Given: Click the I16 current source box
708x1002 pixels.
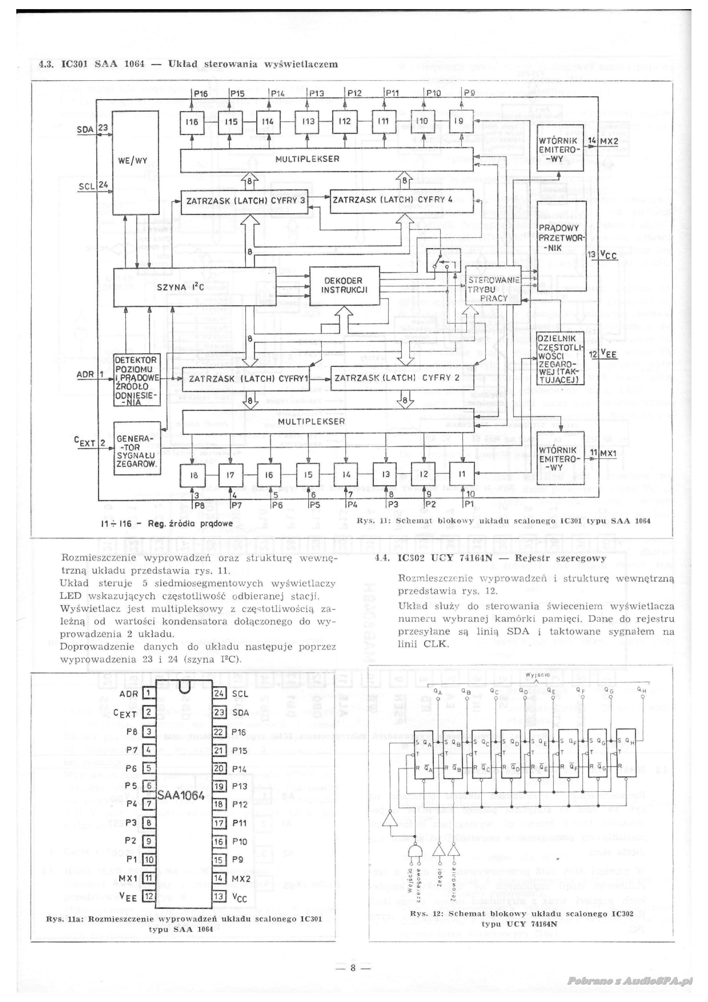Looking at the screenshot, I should point(192,121).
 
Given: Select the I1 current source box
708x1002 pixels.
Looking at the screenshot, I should point(462,474).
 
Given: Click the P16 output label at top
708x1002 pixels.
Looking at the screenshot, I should point(201,93).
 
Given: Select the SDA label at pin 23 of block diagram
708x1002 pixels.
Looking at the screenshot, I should point(85,129).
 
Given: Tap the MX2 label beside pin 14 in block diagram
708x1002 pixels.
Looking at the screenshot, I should point(609,141).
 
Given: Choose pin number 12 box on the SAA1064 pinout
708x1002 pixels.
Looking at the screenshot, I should point(149,897).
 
